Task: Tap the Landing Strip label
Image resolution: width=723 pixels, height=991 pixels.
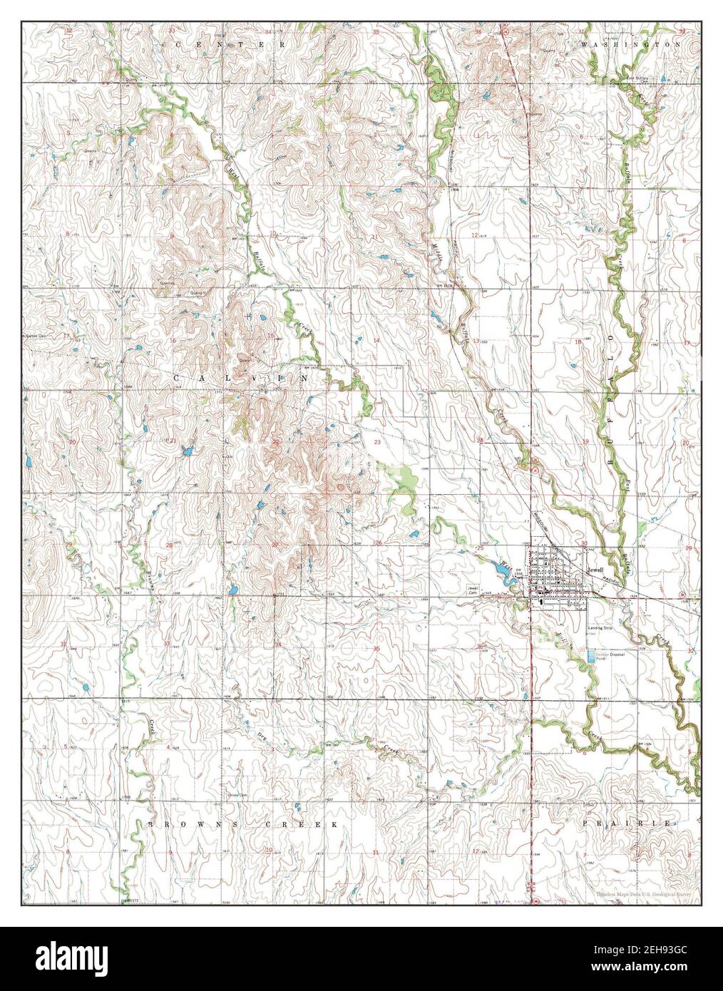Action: (600, 627)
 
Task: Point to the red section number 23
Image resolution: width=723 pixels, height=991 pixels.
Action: (376, 443)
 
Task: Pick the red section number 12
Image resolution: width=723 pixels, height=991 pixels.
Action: (474, 235)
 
